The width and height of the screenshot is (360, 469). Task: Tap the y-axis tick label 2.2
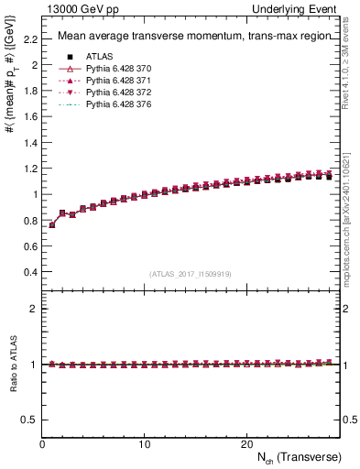click(x=31, y=39)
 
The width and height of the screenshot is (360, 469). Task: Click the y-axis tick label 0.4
click(x=31, y=272)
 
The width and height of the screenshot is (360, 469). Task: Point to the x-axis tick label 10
click(x=145, y=444)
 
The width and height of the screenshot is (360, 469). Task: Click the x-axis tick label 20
click(x=246, y=444)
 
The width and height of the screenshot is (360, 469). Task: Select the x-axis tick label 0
click(x=42, y=444)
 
